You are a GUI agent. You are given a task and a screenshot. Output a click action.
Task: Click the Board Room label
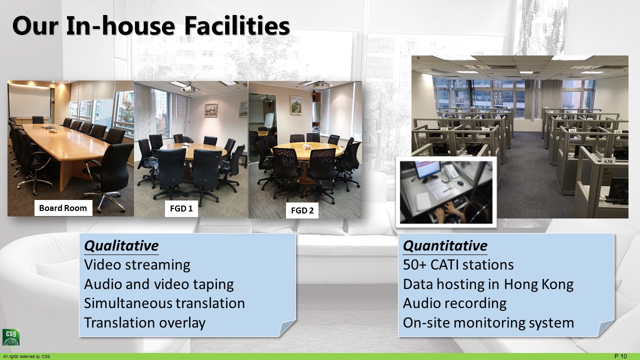[x=63, y=208]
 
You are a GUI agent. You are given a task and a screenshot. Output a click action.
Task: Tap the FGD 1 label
[x=181, y=208]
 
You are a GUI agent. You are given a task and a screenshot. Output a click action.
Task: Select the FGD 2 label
[x=302, y=210]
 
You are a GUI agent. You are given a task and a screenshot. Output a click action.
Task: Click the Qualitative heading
[x=121, y=246]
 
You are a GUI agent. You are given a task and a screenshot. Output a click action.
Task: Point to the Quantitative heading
[x=445, y=246]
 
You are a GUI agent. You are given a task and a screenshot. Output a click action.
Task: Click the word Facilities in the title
[x=237, y=26]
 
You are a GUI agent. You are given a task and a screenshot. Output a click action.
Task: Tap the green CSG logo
[x=11, y=337]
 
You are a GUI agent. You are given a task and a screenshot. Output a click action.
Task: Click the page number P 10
[x=620, y=356]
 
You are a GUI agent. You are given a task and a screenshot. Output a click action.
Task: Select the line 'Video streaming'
[x=137, y=265]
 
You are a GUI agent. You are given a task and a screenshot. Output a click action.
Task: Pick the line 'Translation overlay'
[x=145, y=323]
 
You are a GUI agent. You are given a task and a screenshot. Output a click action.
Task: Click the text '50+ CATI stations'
[x=458, y=265]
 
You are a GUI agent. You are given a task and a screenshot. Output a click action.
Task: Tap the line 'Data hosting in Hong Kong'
[x=488, y=284]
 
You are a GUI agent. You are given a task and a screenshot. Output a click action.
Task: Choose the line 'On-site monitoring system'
[x=488, y=323]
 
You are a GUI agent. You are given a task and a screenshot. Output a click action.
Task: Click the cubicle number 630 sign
[x=608, y=161]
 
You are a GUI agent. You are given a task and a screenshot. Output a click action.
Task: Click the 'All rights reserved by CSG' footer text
[x=26, y=356]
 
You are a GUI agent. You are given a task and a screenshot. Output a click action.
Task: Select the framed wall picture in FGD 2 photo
[x=295, y=105]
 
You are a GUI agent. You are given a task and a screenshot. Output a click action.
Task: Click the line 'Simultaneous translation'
[x=164, y=303]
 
